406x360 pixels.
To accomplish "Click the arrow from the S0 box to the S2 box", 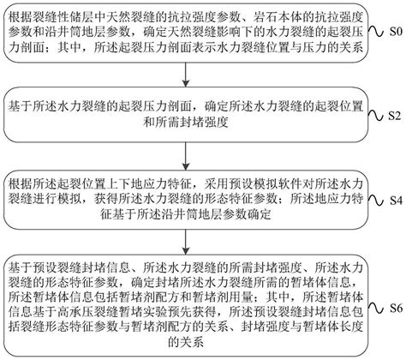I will point(176,75).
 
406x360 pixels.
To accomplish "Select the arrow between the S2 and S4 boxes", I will point(176,159).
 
